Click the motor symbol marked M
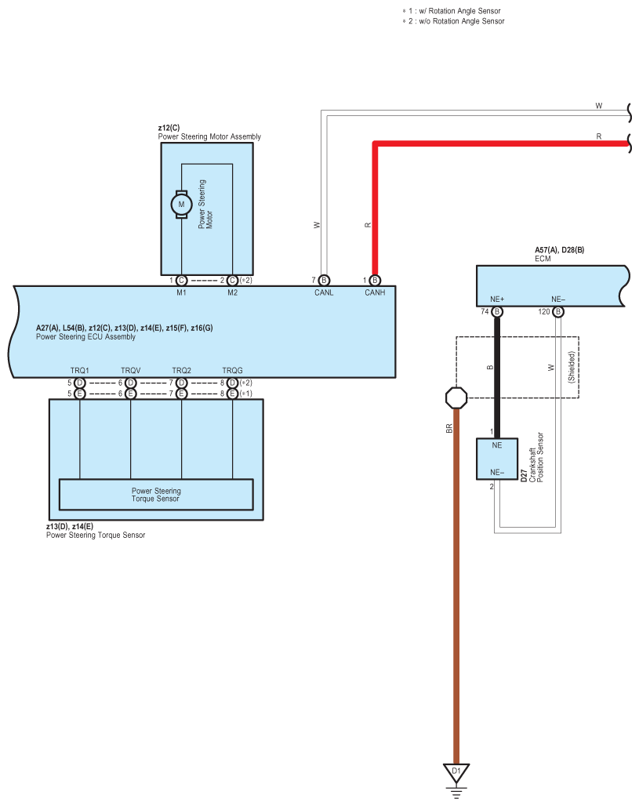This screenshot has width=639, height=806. click(182, 204)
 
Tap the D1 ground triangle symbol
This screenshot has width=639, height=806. click(456, 772)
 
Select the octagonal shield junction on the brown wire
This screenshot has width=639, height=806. click(456, 398)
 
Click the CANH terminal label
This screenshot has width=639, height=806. click(375, 292)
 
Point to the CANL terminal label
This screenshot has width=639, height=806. click(323, 292)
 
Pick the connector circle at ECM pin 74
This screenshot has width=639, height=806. click(496, 312)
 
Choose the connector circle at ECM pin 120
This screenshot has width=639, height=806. click(557, 312)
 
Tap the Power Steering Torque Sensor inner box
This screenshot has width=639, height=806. click(156, 495)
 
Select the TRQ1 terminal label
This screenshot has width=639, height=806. click(79, 370)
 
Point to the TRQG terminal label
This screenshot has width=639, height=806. click(232, 370)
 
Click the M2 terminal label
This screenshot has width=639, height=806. click(232, 292)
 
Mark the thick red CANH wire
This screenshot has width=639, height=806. click(375, 204)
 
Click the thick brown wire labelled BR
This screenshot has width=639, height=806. click(456, 588)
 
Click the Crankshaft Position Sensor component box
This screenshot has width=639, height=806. click(497, 459)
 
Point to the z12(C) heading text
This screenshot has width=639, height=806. click(169, 127)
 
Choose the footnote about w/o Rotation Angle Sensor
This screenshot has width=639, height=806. click(453, 21)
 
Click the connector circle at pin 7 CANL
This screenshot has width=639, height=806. click(324, 281)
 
